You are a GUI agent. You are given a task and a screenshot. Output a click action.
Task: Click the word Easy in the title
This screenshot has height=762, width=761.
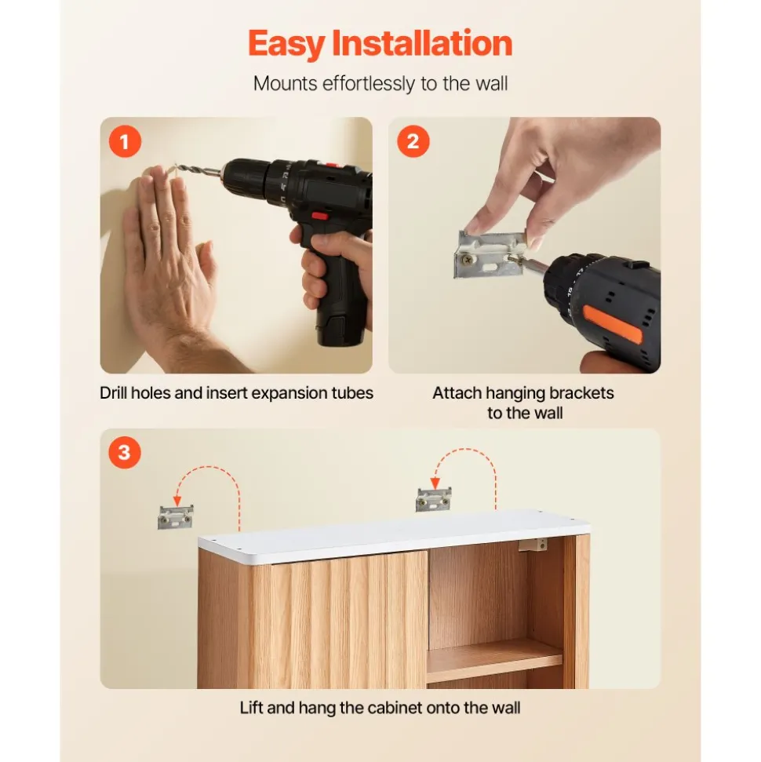(x=287, y=45)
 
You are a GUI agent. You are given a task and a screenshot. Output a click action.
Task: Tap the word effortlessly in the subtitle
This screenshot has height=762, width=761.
(x=369, y=84)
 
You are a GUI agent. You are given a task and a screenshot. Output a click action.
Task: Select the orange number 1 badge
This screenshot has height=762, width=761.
(x=125, y=141)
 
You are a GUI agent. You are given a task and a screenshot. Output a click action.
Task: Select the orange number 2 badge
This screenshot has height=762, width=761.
(x=413, y=141)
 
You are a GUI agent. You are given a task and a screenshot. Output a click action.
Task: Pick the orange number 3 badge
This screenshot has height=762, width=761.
(x=125, y=453)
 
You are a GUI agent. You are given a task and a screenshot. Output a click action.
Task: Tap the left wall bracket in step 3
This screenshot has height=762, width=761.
(x=176, y=517)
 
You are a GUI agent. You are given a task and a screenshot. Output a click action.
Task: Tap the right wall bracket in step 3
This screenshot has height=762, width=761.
(x=434, y=500)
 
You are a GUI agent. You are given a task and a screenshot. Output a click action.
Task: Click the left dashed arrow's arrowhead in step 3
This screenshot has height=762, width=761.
(x=178, y=500)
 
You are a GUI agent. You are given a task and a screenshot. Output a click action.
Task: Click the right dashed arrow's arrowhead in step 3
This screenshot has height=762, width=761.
(x=435, y=483)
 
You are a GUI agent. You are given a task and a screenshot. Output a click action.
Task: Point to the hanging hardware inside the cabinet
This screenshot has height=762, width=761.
(x=533, y=545)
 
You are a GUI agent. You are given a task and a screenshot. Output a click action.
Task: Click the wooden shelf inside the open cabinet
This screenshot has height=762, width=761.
(x=494, y=660)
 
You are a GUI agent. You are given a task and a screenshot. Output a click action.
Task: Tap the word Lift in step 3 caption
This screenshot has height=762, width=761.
(x=252, y=708)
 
